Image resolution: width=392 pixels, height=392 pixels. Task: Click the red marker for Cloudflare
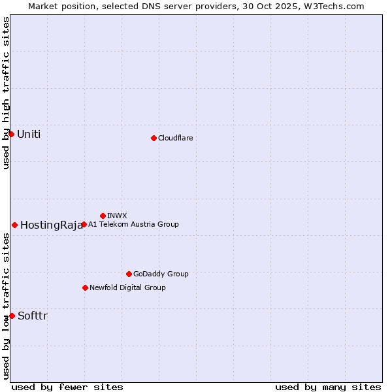point(154,138)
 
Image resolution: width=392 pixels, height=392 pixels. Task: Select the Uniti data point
point(11,134)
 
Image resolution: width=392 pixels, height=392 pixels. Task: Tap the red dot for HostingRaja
point(14,225)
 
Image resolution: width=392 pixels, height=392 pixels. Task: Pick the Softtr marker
point(12,316)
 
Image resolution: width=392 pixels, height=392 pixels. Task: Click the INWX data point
point(103,216)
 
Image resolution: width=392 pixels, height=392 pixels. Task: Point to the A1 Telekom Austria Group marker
point(84,224)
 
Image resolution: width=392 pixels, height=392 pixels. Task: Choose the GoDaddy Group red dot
point(129,274)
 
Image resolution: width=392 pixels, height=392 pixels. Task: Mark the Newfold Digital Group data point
point(85,287)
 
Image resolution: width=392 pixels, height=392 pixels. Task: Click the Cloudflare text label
point(175,138)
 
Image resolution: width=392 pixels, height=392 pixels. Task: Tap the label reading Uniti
point(29,135)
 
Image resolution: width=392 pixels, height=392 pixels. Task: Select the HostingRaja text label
point(51,225)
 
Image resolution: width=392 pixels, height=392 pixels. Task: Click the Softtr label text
point(33,316)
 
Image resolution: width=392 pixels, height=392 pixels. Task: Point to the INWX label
point(117,216)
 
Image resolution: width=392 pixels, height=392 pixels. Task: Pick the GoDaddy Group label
point(161,274)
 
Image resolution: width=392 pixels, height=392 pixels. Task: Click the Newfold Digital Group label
point(127,287)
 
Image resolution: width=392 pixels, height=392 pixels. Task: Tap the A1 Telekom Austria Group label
point(133,224)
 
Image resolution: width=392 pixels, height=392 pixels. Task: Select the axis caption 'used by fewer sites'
point(67,387)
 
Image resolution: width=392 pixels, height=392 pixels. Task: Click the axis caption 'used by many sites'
point(328,387)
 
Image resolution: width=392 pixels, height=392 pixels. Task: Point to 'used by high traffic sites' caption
point(6,93)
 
